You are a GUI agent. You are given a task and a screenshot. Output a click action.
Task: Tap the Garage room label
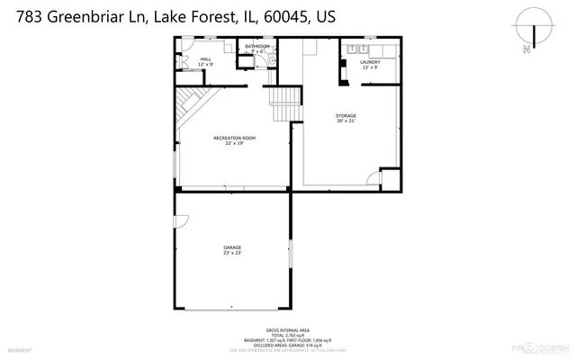coord(232,247)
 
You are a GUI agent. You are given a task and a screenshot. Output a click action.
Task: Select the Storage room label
coord(346,115)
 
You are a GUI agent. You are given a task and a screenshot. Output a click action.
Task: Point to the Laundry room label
coord(370,62)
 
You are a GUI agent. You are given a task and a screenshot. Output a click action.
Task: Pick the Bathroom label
coord(256,46)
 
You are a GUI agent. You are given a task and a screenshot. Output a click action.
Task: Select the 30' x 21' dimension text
coord(346,121)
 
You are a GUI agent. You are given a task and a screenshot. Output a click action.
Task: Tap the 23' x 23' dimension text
coord(232,253)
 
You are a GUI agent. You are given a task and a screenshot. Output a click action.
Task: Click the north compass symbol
coord(535,32)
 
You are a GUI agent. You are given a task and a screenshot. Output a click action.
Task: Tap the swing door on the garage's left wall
coord(180,220)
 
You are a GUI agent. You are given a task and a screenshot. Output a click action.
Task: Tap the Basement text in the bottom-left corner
coord(19,349)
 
